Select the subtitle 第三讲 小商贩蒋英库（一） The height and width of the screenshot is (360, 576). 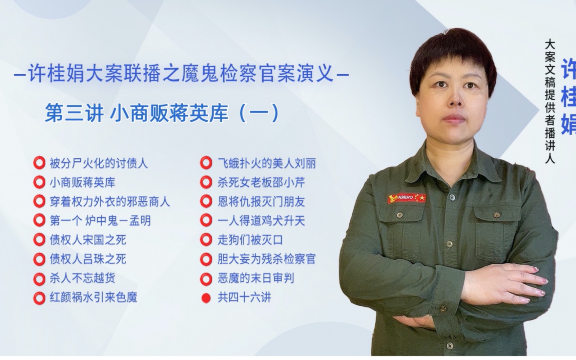162,113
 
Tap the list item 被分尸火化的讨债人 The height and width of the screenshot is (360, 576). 98,164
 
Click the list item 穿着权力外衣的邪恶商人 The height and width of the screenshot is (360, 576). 110,201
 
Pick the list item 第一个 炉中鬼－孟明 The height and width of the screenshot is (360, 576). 100,221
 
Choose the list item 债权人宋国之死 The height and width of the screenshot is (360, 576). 88,240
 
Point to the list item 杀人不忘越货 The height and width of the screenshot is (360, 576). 82,278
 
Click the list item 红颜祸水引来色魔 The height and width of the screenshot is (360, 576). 93,297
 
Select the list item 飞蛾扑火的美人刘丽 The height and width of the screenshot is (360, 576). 267,164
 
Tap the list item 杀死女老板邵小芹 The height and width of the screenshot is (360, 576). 261,182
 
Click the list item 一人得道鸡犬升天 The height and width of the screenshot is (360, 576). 261,221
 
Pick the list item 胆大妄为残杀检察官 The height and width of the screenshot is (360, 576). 267,259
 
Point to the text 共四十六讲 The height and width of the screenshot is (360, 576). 244,298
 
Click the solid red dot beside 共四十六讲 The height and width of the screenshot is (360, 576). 206,298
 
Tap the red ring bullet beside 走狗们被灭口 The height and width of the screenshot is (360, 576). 206,240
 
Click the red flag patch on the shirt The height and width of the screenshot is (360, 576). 407,198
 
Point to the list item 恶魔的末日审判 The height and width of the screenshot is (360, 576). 255,278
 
